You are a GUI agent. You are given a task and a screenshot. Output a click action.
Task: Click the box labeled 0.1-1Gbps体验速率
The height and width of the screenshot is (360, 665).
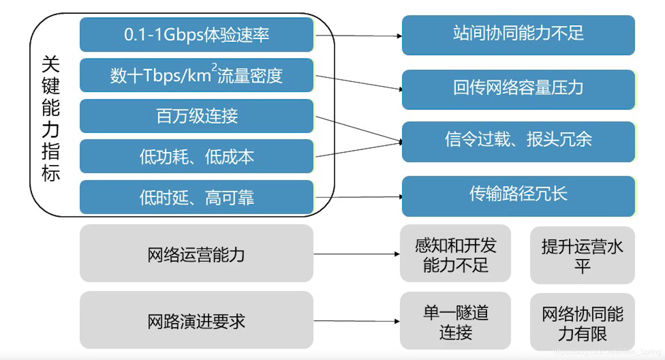pyautogui.click(x=196, y=35)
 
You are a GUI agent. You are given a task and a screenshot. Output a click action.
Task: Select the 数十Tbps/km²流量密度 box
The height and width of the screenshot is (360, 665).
pyautogui.click(x=196, y=75)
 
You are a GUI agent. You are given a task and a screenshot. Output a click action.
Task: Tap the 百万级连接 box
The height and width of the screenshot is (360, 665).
pyautogui.click(x=196, y=116)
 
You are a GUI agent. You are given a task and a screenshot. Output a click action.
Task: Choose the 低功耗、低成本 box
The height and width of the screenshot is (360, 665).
pyautogui.click(x=196, y=157)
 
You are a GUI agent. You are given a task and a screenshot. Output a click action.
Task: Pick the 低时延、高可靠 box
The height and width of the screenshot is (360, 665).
pyautogui.click(x=196, y=197)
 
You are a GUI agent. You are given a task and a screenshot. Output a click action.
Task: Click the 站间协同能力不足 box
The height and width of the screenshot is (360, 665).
pyautogui.click(x=518, y=35)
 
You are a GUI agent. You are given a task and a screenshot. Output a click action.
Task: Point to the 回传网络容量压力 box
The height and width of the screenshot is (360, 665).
pyautogui.click(x=518, y=89)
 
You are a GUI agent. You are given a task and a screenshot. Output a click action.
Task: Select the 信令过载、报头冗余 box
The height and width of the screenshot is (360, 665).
pyautogui.click(x=518, y=141)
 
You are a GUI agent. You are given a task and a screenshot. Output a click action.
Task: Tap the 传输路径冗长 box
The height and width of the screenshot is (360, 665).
pyautogui.click(x=518, y=196)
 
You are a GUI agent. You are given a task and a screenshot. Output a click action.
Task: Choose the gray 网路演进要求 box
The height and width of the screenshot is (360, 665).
pyautogui.click(x=196, y=321)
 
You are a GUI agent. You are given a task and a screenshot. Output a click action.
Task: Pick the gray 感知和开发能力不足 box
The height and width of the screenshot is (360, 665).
pyautogui.click(x=455, y=255)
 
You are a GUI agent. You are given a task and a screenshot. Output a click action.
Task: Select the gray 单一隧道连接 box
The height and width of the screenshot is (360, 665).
pyautogui.click(x=455, y=321)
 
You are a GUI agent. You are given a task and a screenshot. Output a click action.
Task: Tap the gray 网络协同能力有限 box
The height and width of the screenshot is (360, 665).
pyautogui.click(x=582, y=322)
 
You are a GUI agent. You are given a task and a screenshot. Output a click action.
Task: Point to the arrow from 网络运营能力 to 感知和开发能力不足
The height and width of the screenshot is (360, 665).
pyautogui.click(x=357, y=254)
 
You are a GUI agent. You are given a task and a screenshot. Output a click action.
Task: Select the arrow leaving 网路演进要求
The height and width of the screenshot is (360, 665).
pyautogui.click(x=357, y=321)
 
